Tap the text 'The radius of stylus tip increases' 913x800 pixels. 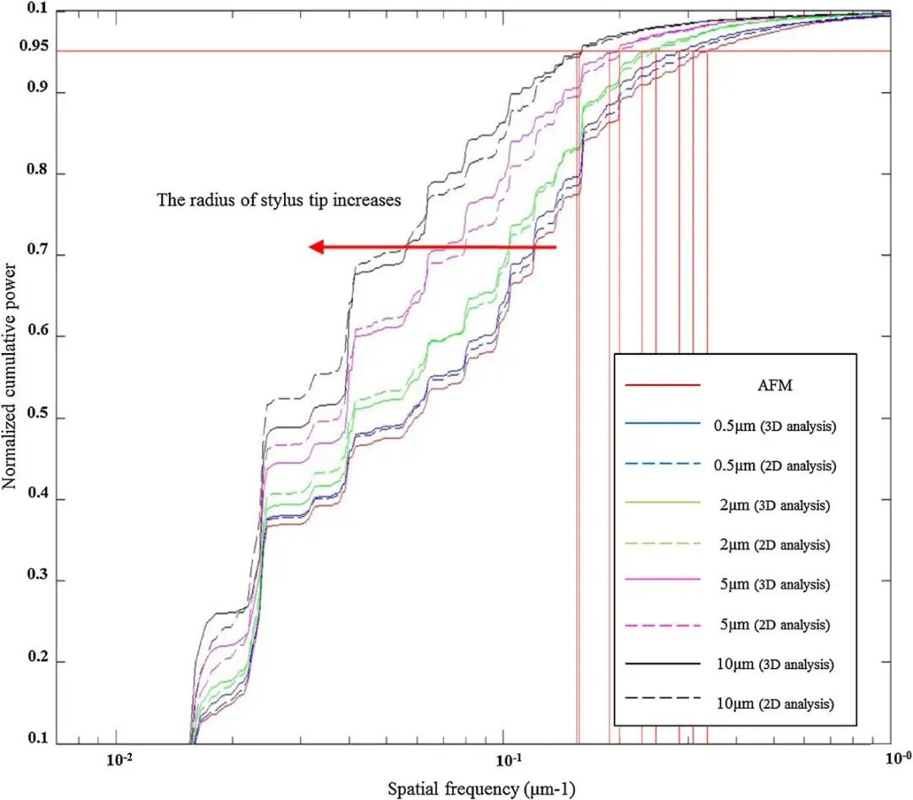(279, 201)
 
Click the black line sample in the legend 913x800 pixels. (663, 665)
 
